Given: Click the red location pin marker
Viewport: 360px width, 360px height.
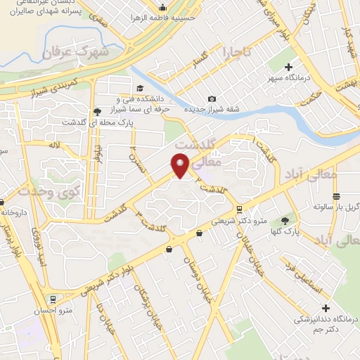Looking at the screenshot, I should point(181,165).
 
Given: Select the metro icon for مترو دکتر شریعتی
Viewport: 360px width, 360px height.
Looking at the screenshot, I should point(240,209).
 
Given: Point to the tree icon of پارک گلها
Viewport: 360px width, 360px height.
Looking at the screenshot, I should point(285,219).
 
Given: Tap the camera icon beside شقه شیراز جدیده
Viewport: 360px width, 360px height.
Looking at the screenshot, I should point(212,99).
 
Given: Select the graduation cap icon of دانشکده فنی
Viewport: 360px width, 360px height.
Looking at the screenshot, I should point(140,89).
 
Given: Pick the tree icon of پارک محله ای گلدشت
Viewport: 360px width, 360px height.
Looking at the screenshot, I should point(96,111).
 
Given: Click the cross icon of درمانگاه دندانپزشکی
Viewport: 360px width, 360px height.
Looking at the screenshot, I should point(325,308).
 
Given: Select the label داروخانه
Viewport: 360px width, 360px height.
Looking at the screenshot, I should point(13,211).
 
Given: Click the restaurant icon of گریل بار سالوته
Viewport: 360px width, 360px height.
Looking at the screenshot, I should point(336,196).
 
